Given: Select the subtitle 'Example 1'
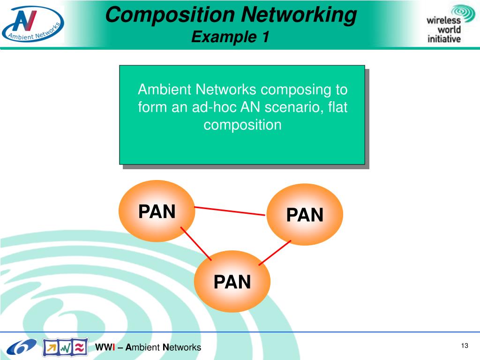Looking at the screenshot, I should (x=230, y=37).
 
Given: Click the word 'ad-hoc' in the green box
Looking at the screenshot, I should (x=214, y=107).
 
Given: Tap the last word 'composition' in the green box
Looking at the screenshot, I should (x=242, y=125).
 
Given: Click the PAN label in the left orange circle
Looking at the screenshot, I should (x=157, y=212).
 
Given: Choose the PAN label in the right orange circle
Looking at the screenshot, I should (x=305, y=215).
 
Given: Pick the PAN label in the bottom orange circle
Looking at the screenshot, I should (x=232, y=282).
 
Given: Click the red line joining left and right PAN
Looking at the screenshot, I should (x=230, y=211).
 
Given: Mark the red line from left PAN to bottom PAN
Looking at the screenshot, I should (x=196, y=244).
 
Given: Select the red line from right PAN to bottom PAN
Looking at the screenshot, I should (x=275, y=253).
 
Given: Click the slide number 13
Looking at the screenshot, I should (x=465, y=346).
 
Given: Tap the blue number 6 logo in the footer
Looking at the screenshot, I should (x=21, y=347).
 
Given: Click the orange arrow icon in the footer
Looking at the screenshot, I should (x=51, y=347).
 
